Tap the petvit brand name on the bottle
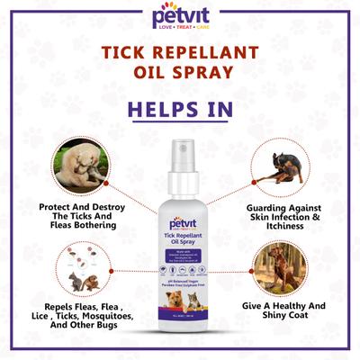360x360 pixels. pos(178,220)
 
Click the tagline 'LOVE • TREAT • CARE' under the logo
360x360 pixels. pos(179,29)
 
